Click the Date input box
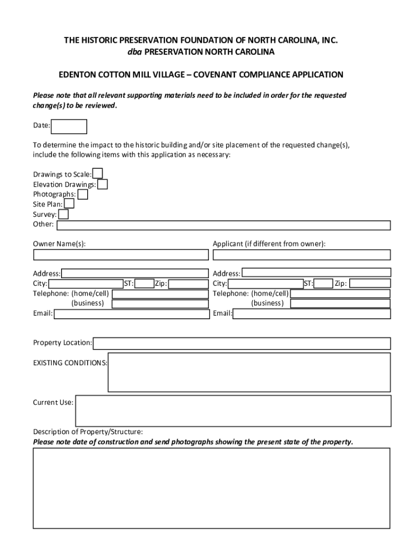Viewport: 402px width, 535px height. [69, 126]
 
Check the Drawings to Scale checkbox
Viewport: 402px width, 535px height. [98, 173]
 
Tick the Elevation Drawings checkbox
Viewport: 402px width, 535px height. [103, 184]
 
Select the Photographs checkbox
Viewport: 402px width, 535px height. [82, 194]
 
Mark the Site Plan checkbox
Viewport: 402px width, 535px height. [69, 204]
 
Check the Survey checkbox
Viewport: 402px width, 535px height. [63, 214]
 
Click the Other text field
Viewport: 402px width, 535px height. [223, 225]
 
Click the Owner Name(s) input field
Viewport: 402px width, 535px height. [121, 255]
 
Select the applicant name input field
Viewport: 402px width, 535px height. [301, 255]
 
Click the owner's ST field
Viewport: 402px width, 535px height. [144, 284]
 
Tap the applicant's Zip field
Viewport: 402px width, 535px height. [370, 284]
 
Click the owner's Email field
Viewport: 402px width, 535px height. [131, 314]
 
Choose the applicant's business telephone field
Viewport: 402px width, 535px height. [340, 304]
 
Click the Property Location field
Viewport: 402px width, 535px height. [242, 343]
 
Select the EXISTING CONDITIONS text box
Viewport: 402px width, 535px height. [249, 372]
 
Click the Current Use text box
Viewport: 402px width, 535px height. [233, 411]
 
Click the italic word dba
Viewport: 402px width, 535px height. [135, 52]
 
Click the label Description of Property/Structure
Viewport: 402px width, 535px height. [88, 432]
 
